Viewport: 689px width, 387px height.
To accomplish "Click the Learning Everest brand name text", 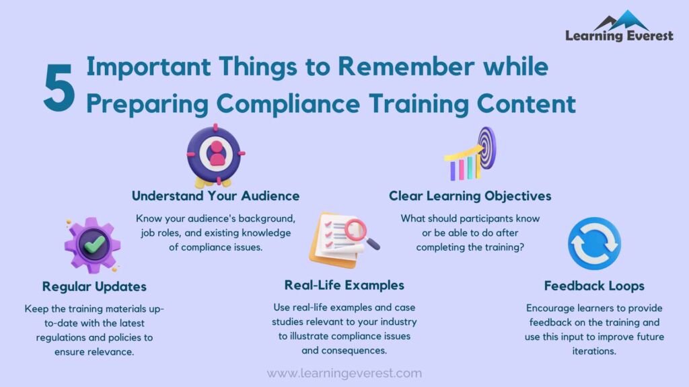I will pos(619,36).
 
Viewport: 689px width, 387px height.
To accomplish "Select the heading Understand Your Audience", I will pos(215,196).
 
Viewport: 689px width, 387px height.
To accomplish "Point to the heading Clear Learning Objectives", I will pos(470,196).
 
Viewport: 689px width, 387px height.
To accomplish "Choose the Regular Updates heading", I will pos(94,286).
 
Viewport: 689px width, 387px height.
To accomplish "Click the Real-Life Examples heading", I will pos(344,285).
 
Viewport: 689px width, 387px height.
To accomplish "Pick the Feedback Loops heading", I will pos(594,286).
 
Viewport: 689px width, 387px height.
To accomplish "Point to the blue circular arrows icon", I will pos(594,243).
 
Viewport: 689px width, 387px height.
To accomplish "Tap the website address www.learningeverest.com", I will pos(344,373).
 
